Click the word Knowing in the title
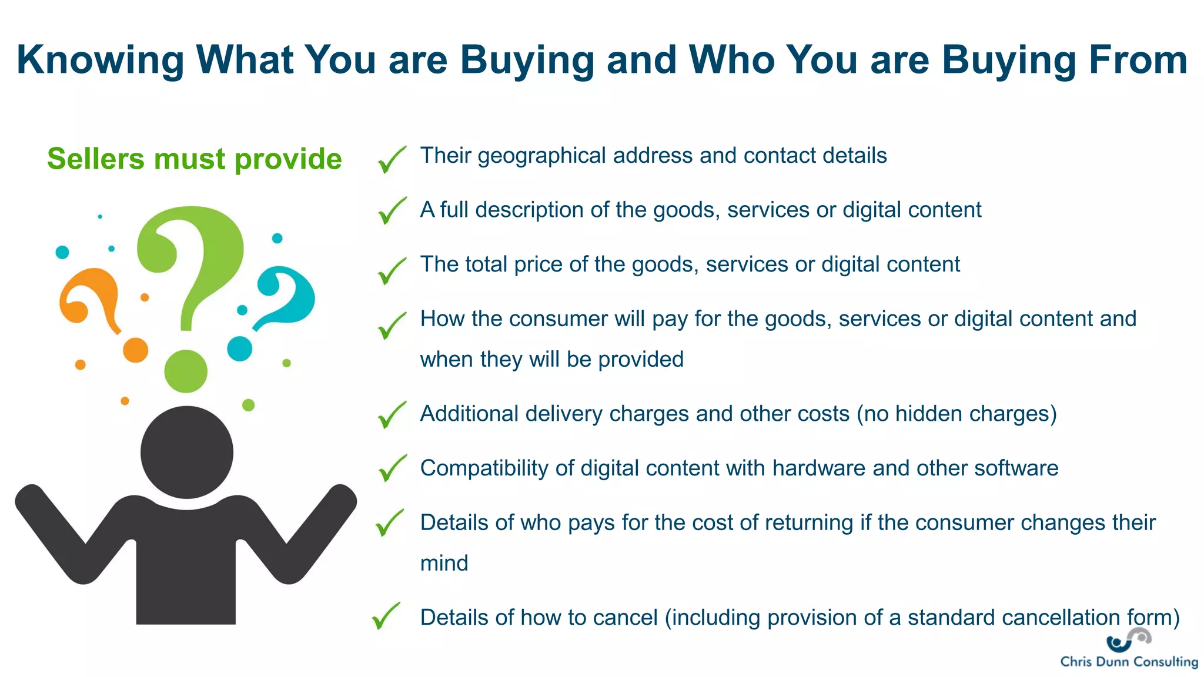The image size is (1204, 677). [x=100, y=61]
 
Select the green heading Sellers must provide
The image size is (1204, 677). [x=194, y=159]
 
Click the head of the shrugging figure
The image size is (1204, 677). [x=187, y=452]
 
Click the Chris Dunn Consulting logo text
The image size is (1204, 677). [x=1129, y=662]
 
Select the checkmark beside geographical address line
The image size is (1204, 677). [x=392, y=159]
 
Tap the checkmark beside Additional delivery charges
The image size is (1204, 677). [x=392, y=415]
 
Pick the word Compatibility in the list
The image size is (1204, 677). [x=484, y=468]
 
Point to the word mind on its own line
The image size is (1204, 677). [x=444, y=564]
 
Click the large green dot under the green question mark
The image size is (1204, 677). [x=186, y=371]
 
